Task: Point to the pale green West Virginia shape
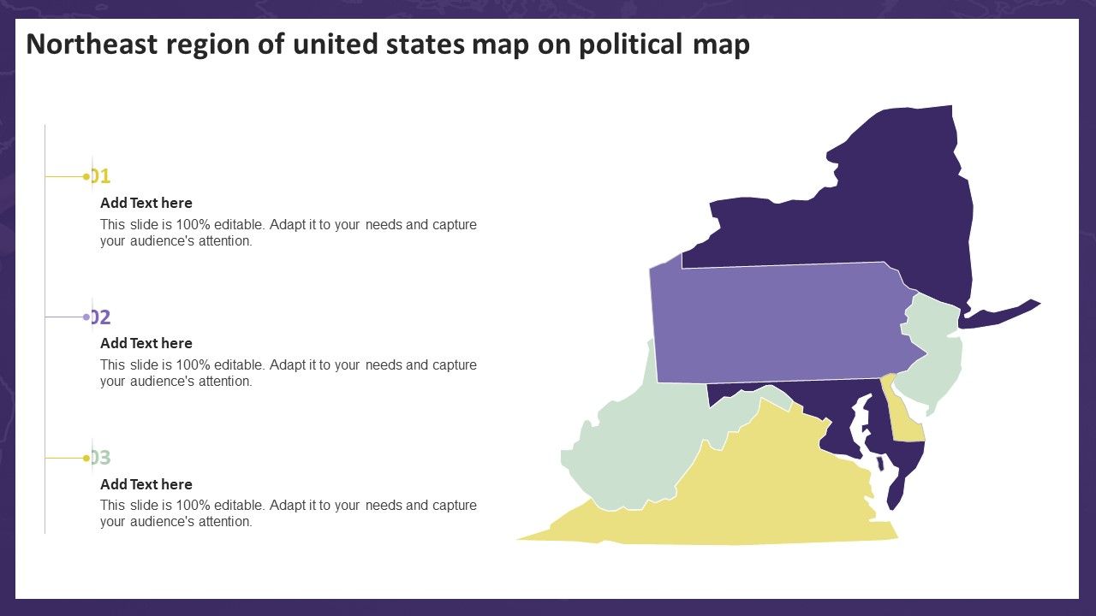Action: coord(634,445)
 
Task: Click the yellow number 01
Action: coord(102,176)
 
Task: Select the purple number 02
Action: coord(102,317)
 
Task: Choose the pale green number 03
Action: coord(102,458)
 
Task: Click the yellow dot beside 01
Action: coord(86,176)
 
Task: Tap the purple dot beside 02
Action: coord(86,317)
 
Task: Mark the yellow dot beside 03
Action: coord(86,458)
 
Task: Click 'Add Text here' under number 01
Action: coord(146,203)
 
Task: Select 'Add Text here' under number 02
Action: coord(146,343)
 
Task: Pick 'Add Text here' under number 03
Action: coord(146,484)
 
